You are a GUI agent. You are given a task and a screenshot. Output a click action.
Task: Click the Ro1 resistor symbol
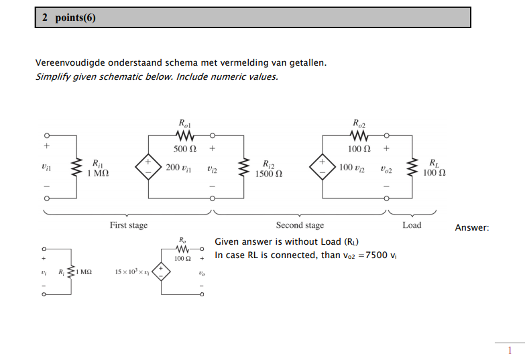click(184, 136)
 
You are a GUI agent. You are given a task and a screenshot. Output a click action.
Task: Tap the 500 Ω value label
click(185, 149)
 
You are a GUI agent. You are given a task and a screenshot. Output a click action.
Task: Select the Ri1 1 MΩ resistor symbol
click(76, 167)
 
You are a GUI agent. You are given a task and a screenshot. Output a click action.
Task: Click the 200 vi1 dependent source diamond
click(148, 167)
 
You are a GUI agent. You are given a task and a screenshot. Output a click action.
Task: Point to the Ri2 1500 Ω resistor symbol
click(243, 167)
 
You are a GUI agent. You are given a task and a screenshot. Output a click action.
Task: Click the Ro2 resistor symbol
click(359, 136)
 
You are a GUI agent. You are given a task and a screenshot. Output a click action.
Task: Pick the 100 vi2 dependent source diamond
click(323, 167)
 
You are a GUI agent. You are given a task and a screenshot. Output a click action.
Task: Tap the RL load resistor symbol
click(412, 167)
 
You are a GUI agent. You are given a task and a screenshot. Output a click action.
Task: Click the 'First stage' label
click(129, 225)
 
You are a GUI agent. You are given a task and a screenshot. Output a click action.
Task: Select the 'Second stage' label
click(300, 225)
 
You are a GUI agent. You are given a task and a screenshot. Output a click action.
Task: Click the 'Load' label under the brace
click(412, 225)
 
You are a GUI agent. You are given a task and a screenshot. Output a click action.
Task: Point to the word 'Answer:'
click(472, 227)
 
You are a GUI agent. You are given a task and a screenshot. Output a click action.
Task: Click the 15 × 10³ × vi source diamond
click(161, 272)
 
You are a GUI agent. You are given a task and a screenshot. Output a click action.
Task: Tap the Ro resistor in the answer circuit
click(182, 249)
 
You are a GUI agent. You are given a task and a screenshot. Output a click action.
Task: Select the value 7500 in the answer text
click(376, 255)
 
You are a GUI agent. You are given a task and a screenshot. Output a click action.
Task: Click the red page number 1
click(510, 351)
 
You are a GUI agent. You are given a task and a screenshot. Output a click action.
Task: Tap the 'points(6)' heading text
click(75, 17)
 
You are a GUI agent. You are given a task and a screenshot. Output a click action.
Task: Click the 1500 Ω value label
click(269, 174)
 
